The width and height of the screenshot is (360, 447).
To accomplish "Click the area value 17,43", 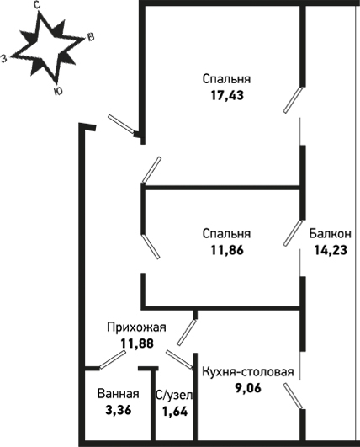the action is tap(227, 95).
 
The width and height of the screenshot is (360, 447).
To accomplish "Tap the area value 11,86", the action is tap(227, 250).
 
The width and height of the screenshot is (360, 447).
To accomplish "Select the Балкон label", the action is tap(331, 234).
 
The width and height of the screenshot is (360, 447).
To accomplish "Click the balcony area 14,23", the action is tap(331, 250).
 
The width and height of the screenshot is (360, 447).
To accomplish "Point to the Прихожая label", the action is tap(136, 327).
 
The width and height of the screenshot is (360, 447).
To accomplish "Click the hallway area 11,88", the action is tap(137, 343).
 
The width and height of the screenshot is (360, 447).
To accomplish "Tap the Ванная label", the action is tap(119, 394).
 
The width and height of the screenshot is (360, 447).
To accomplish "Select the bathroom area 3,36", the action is tap(119, 411).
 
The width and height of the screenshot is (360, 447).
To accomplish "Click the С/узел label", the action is tap(174, 395).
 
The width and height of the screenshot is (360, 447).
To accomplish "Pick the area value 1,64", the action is tap(175, 412).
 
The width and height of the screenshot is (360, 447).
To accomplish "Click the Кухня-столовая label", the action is tap(248, 372).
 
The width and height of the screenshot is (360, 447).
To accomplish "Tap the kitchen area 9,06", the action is tap(248, 388).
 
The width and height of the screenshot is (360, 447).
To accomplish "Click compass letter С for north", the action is tap(36, 5).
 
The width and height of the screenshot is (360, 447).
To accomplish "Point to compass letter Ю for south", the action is tap(58, 92).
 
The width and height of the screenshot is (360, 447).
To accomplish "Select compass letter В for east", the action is tap(90, 37).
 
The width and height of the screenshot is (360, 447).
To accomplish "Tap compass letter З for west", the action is tap(4, 58).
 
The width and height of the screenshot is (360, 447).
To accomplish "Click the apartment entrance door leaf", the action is tap(121, 124).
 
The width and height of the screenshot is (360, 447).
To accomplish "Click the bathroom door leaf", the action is tap(112, 359).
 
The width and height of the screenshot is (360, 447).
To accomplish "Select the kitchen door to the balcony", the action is tap(293, 396).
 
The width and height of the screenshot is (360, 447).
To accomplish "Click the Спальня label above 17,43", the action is tap(227, 79).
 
